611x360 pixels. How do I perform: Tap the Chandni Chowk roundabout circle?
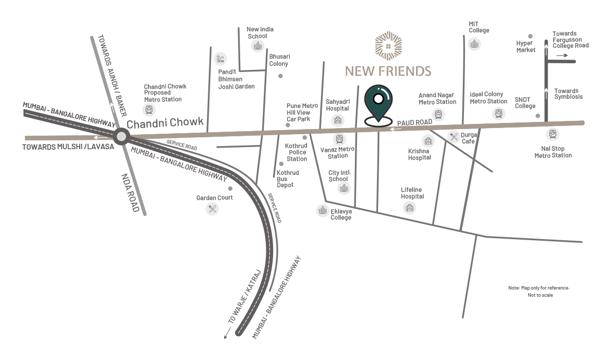121,137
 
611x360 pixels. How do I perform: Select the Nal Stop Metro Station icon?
552,134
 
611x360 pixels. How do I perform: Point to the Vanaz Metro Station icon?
339,139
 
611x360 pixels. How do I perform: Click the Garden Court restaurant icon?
212,209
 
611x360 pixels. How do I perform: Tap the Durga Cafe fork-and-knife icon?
454,136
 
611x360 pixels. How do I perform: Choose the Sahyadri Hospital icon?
338,120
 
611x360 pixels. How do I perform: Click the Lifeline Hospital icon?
409,208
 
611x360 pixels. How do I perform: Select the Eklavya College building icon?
322,210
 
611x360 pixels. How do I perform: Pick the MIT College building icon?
474,44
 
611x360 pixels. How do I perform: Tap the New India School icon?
257,47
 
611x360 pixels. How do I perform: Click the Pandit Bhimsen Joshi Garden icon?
221,58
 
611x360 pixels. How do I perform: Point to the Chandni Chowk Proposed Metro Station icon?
149,110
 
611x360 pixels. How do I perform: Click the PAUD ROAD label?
415,122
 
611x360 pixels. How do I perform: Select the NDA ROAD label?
130,193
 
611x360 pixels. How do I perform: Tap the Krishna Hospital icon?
428,140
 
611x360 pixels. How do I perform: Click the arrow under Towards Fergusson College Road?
562,55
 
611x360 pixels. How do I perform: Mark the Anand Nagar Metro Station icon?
438,114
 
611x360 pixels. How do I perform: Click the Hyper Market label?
526,46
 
